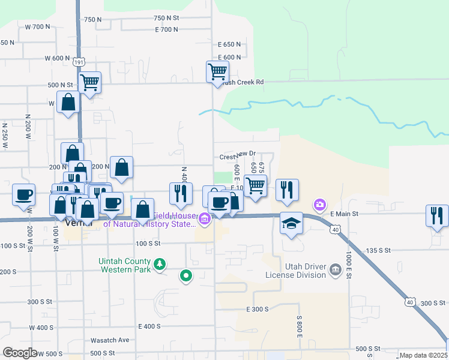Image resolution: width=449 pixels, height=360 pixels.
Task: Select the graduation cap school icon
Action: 291,224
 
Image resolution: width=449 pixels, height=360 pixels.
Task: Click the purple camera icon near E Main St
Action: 319,205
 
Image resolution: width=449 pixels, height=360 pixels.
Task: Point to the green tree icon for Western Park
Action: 159,263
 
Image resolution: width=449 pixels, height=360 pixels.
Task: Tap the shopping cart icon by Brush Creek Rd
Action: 217,71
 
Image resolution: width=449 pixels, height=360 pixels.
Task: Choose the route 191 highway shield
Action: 79,62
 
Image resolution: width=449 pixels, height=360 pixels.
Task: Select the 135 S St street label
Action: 378,250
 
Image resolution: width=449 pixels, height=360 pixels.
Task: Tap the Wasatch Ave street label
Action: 109,340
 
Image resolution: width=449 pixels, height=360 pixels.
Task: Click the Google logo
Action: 20,353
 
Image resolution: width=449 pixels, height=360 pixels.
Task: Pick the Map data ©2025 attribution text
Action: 423,356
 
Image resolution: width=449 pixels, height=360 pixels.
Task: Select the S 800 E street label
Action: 298,326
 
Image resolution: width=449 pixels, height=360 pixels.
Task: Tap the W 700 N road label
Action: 38,26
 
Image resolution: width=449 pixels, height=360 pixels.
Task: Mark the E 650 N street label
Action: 229,44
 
